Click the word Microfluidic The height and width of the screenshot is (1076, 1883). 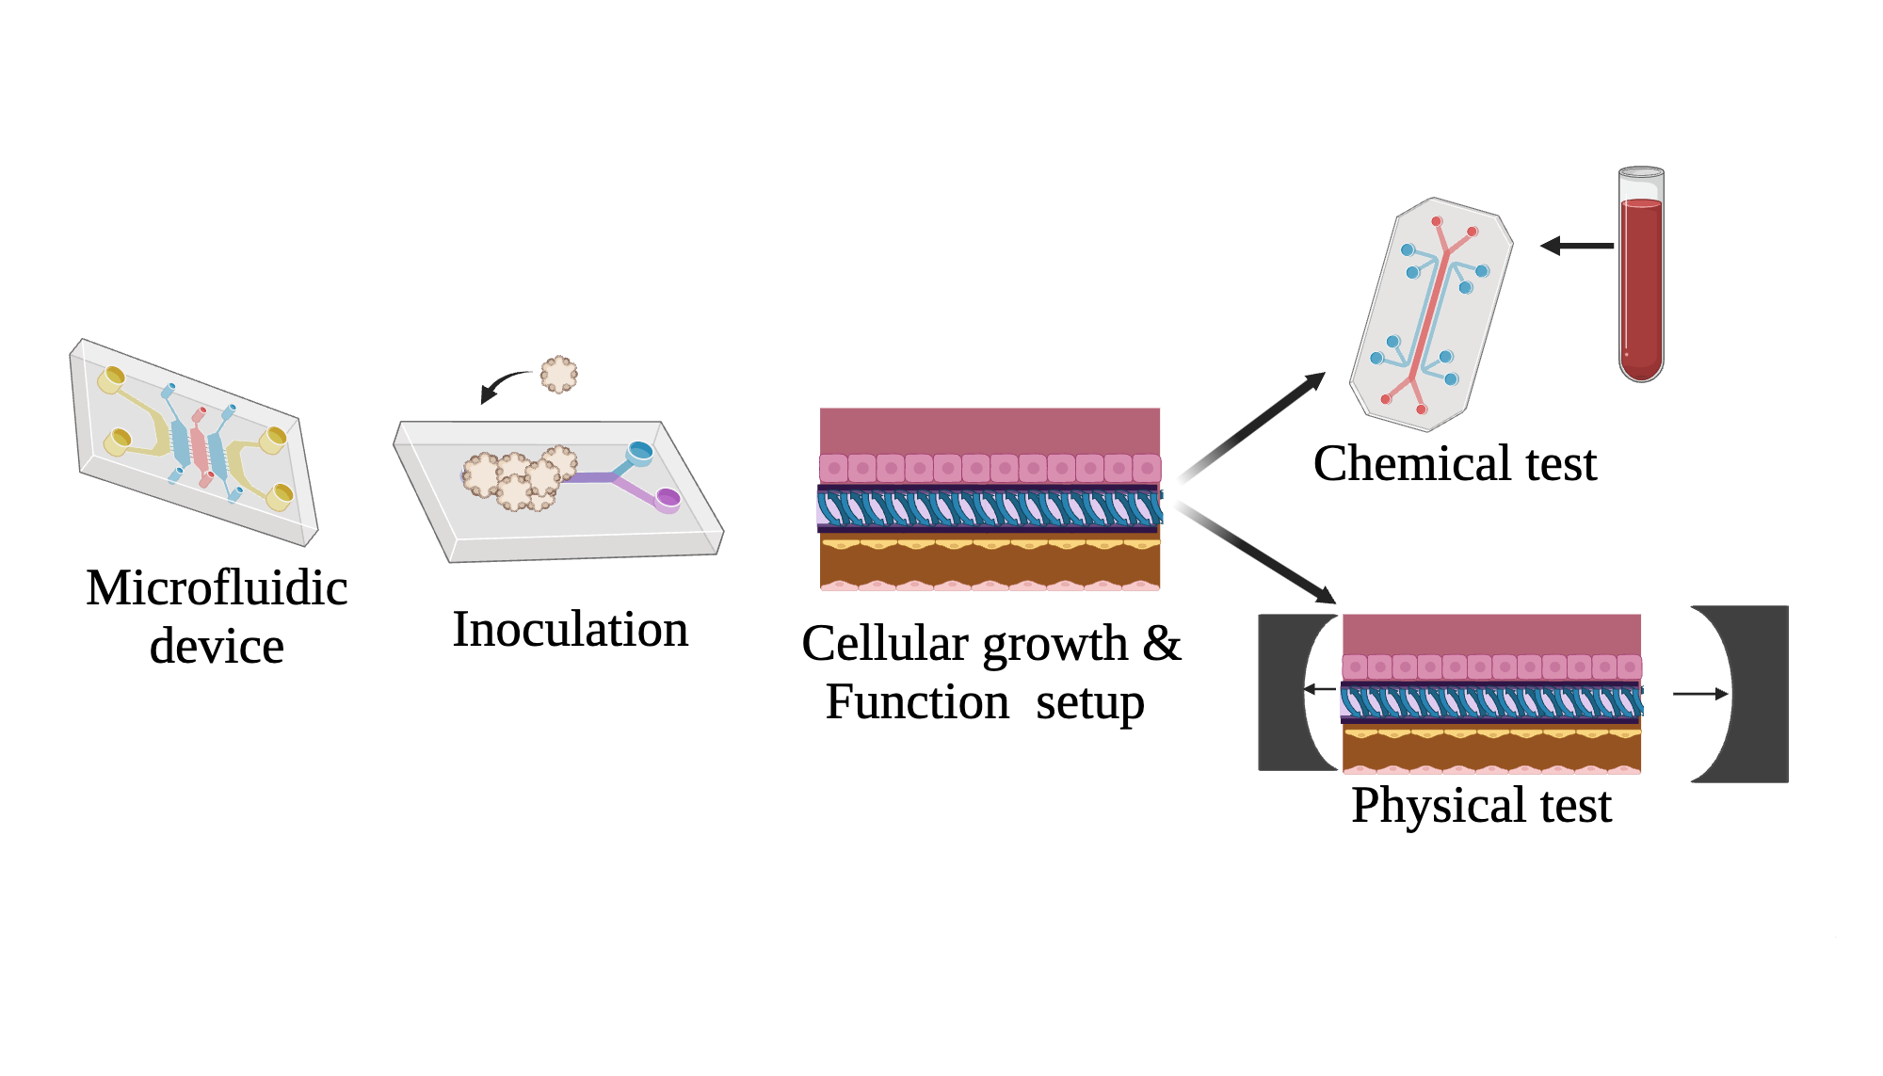point(217,588)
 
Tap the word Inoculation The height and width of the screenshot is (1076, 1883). point(571,630)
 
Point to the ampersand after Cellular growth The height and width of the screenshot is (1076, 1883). point(1162,644)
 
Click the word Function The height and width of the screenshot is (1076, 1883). point(917,702)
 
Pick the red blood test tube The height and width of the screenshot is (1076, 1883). point(1641,278)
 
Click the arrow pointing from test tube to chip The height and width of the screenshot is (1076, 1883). point(1577,246)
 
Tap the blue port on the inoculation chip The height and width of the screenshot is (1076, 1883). point(640,452)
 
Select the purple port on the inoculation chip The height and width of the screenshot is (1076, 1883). point(668,497)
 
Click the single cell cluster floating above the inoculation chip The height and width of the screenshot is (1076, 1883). point(559,374)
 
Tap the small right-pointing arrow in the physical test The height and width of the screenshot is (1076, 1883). point(1700,694)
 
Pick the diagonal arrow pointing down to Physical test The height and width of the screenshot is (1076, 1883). point(1257,554)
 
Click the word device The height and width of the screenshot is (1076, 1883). point(217,647)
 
